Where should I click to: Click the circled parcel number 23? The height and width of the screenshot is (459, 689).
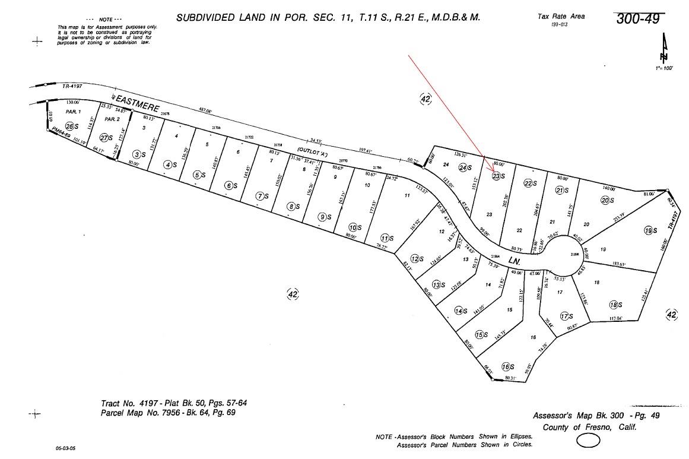tap(496, 176)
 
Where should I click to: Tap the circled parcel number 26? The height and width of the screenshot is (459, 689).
tap(69, 126)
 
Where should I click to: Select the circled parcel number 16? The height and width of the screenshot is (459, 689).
tap(506, 366)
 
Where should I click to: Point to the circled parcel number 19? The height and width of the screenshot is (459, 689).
tap(649, 230)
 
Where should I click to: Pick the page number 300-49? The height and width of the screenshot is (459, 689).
tap(637, 18)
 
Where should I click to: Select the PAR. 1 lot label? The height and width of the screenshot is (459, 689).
tap(72, 112)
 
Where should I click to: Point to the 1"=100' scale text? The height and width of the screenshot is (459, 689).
tap(665, 68)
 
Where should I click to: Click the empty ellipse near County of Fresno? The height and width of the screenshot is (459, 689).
tap(588, 441)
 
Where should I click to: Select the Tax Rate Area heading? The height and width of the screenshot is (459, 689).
tap(561, 16)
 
